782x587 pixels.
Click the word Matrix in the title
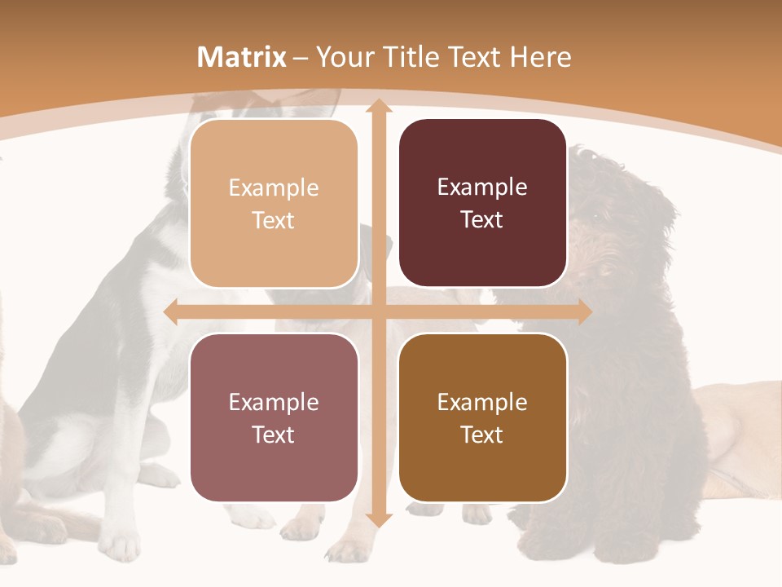(x=242, y=57)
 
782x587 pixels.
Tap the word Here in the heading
(x=540, y=57)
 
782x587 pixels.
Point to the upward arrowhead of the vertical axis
(x=378, y=107)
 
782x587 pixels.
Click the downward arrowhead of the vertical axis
(x=378, y=519)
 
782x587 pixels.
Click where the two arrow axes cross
(x=378, y=312)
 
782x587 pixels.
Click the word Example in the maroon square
(x=482, y=188)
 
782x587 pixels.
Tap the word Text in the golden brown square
(x=482, y=435)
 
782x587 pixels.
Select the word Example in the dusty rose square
(x=274, y=402)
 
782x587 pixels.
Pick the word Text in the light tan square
(x=274, y=220)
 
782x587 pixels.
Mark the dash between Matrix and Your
(x=301, y=58)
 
